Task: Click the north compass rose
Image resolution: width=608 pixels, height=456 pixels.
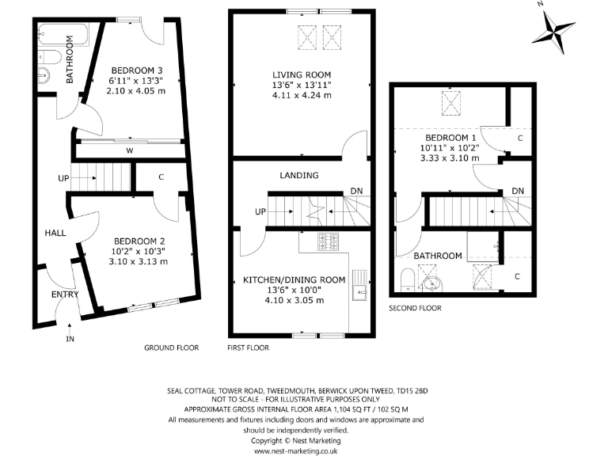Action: point(553,31)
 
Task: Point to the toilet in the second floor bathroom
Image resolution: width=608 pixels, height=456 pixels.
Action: point(406,281)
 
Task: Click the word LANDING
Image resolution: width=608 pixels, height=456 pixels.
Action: point(299,175)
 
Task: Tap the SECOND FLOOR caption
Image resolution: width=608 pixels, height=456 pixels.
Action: point(415,308)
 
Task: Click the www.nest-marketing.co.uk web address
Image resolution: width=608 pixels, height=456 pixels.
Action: point(296,450)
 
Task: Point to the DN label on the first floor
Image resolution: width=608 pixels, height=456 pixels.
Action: point(358,192)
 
